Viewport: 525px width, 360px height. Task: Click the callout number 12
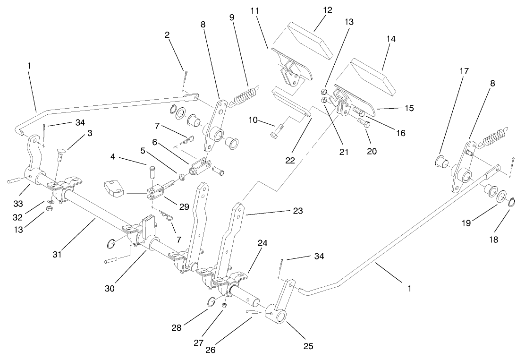point(327,10)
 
